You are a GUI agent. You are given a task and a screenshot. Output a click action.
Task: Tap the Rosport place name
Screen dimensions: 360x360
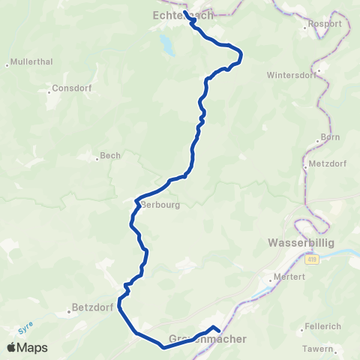tap(325, 24)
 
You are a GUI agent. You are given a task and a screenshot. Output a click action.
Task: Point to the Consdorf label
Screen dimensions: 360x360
tap(71, 88)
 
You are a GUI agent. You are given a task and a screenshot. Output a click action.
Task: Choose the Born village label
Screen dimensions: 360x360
tap(330, 137)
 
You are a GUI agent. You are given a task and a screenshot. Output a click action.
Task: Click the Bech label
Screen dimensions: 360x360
tap(110, 156)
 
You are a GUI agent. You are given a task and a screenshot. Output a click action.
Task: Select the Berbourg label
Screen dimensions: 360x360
tap(160, 204)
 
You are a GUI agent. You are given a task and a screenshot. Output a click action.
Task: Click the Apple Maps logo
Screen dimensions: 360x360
tap(27, 347)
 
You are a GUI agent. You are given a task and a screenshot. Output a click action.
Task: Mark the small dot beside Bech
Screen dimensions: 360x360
tap(97, 157)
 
